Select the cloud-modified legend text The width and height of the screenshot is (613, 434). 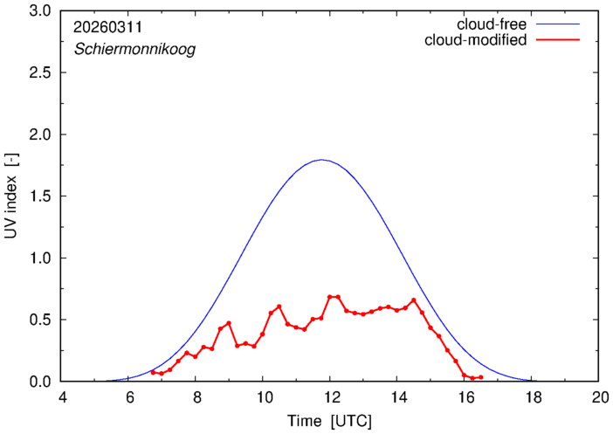pos(475,40)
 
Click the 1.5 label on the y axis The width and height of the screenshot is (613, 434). pos(40,196)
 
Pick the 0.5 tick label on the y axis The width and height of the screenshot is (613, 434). pos(40,320)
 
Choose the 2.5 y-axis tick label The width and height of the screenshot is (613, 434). pos(40,73)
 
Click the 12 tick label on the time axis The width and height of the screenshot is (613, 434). pos(330,397)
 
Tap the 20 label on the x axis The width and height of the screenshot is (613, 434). pos(599,397)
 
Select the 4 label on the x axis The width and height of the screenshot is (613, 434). pos(62,397)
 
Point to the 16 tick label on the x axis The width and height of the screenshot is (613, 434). pos(465,397)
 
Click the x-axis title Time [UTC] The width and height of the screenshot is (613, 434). pos(330,421)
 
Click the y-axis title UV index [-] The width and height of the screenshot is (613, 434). pos(12,196)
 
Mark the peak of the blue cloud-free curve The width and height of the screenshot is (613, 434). pos(322,160)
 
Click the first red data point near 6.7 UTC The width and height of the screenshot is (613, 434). pos(153,372)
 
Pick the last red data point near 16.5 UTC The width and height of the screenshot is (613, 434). pos(481,377)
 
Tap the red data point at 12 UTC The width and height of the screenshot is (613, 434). pos(330,297)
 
